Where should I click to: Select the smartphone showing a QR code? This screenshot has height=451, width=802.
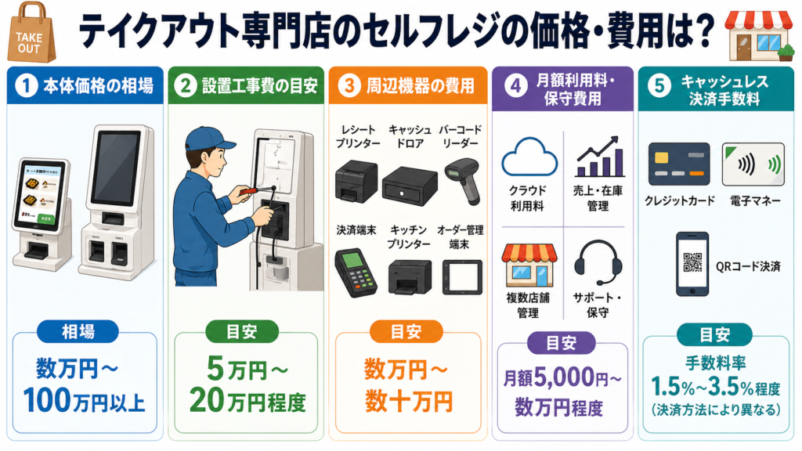pos(692,262)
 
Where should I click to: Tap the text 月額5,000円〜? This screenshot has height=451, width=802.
pos(562,378)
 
